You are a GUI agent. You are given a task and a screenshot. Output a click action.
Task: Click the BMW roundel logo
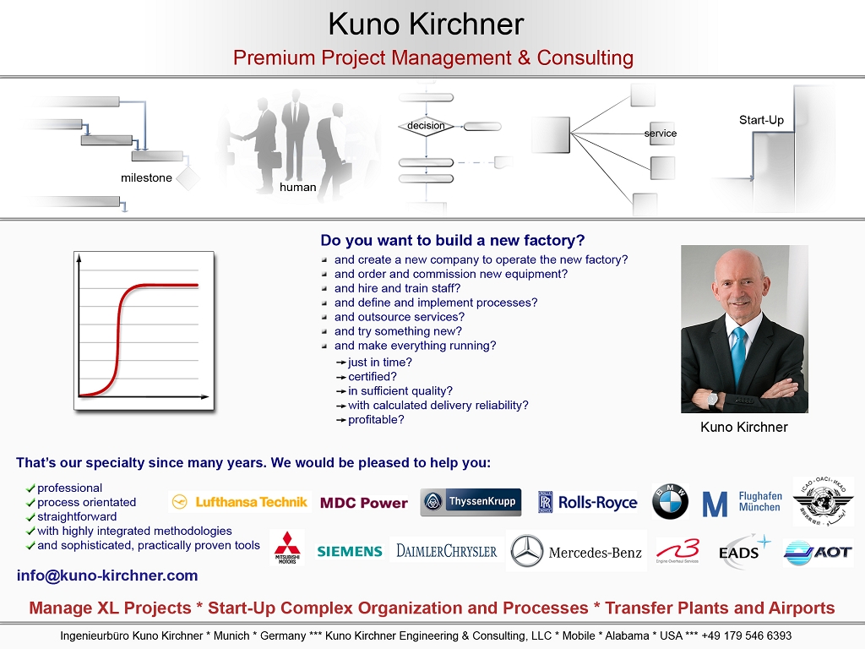[670, 502]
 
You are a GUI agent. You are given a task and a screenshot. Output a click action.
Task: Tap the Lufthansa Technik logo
[240, 502]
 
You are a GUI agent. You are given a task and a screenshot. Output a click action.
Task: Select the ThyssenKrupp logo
[471, 502]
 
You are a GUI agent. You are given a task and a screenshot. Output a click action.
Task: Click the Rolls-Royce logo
[588, 502]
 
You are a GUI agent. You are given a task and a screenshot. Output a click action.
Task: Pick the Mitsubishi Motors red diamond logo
[287, 548]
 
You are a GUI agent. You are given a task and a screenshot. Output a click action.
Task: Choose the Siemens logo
[350, 551]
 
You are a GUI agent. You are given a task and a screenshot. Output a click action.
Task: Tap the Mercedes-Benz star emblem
[527, 551]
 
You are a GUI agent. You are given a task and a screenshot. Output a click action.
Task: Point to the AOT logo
[819, 553]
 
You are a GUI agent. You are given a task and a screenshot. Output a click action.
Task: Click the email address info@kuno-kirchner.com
[107, 575]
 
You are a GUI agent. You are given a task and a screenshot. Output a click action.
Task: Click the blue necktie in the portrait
[738, 355]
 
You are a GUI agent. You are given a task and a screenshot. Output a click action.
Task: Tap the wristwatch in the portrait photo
[713, 399]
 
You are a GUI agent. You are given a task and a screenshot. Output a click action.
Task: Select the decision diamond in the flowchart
[426, 127]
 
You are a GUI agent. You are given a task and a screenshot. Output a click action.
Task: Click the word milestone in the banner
[146, 177]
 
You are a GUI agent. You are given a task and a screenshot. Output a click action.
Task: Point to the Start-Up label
[761, 120]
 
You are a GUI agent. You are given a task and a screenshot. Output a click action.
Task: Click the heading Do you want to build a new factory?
[453, 240]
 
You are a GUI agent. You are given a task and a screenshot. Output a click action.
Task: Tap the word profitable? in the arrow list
[376, 419]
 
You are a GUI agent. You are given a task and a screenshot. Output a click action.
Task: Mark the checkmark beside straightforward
[30, 517]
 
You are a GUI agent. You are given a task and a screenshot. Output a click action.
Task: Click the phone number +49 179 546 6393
[747, 635]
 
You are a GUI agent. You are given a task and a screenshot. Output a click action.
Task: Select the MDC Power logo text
[364, 503]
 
